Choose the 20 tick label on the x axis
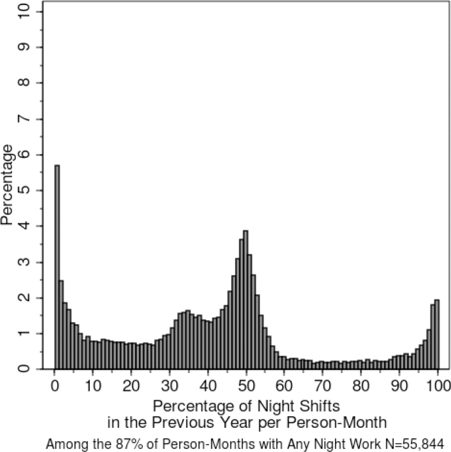(x=131, y=386)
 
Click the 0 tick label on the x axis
(x=55, y=386)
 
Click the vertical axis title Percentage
(x=8, y=185)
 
